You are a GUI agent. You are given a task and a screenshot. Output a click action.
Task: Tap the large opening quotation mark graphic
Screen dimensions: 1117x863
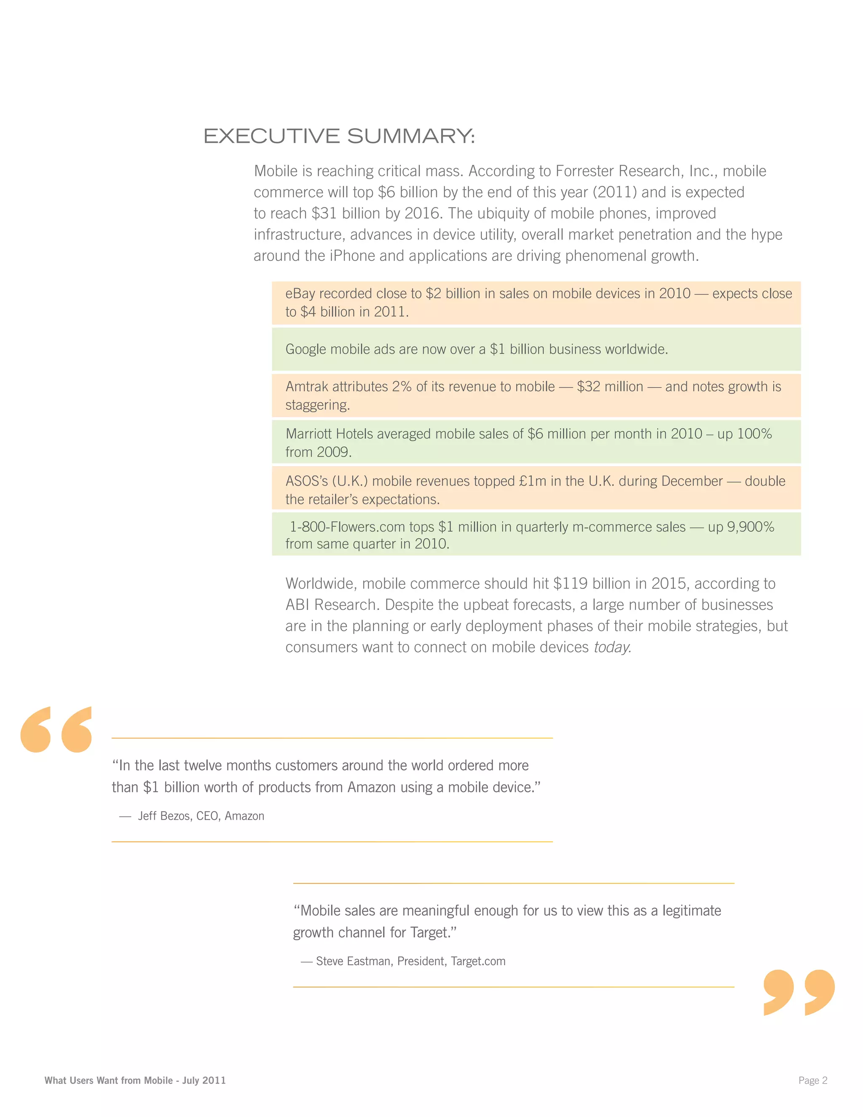click(x=56, y=730)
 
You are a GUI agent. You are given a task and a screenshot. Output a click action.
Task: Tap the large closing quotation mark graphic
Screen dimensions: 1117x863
click(x=799, y=992)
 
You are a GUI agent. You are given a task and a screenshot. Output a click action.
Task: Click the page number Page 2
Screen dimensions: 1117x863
click(x=812, y=1080)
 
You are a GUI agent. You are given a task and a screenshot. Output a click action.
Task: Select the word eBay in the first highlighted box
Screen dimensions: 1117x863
click(x=300, y=293)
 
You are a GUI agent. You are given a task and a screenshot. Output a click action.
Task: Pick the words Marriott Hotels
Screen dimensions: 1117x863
click(x=329, y=434)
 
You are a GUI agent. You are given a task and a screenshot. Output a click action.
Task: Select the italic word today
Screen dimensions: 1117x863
click(x=612, y=647)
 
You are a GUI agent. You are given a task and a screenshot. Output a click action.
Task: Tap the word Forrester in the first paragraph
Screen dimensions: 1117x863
click(x=587, y=171)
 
